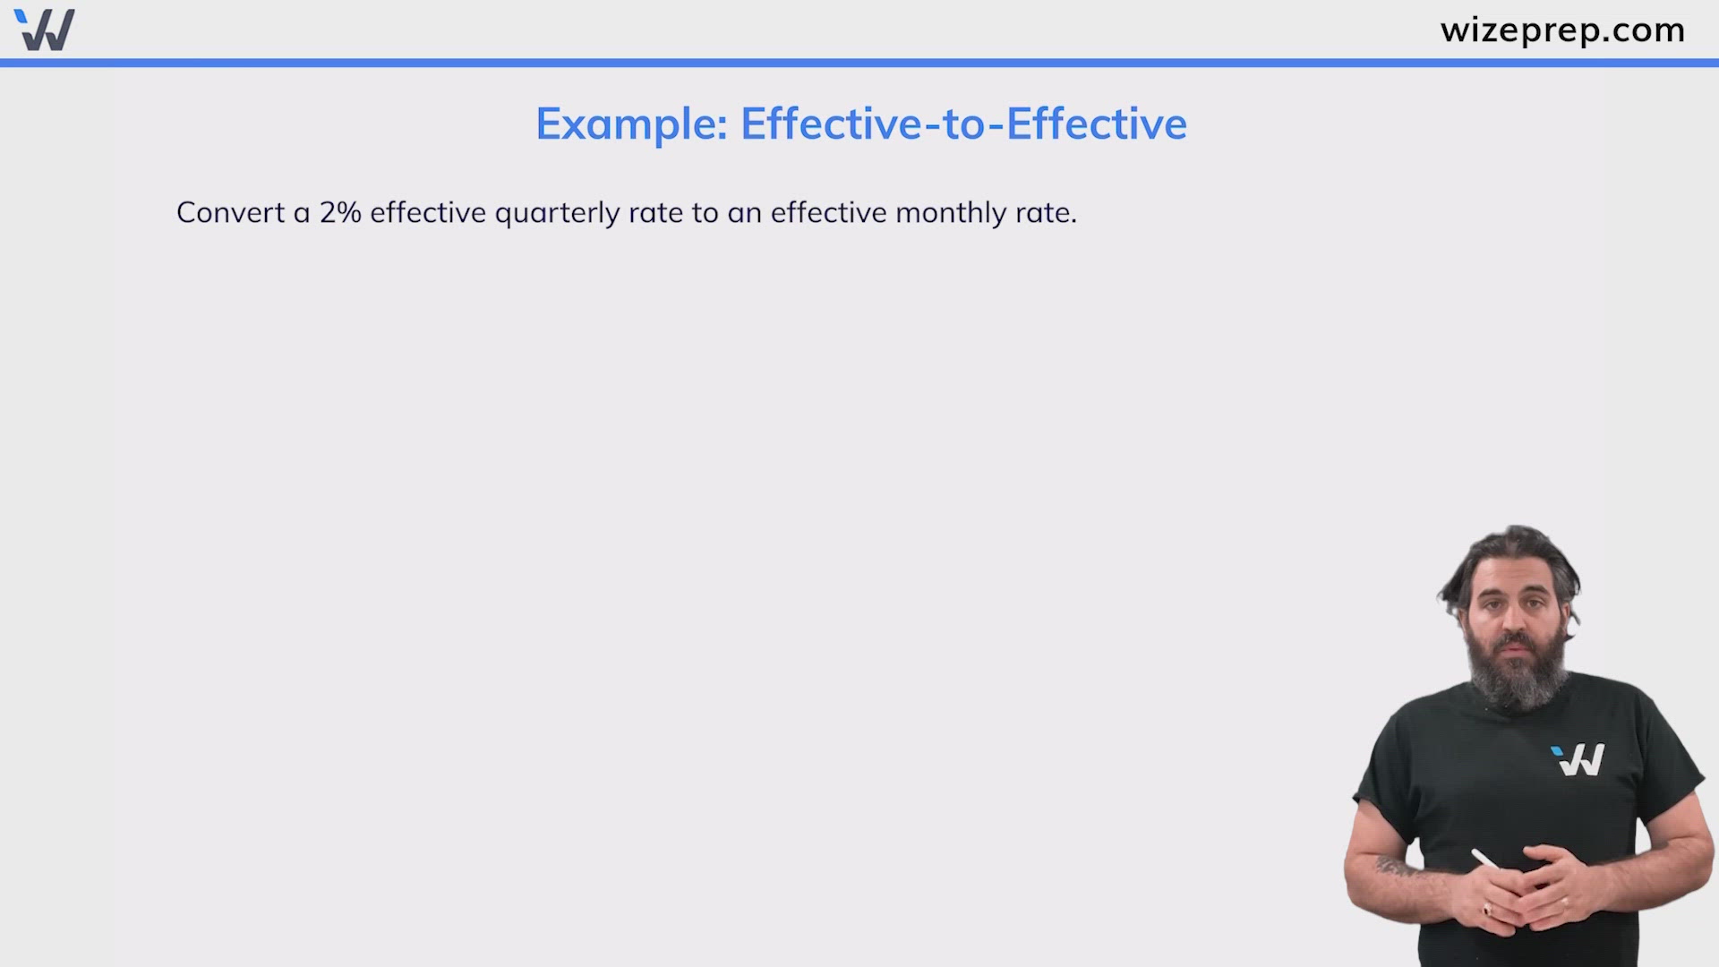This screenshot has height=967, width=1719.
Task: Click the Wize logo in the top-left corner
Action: (45, 30)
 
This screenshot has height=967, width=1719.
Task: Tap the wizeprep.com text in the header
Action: (1562, 30)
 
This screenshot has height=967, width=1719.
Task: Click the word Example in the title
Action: (631, 124)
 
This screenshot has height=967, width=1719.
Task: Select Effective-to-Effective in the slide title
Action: (963, 124)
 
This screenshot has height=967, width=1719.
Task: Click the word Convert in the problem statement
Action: (230, 213)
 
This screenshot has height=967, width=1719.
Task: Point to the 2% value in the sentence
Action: (340, 213)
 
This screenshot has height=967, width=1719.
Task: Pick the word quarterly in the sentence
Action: (557, 213)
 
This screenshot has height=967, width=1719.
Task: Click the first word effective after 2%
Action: (428, 213)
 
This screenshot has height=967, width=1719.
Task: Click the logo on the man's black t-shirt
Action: (1578, 759)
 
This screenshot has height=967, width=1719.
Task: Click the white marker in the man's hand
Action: (1484, 860)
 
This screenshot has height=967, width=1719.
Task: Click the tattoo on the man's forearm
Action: (1397, 867)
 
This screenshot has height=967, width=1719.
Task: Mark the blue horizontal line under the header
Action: (859, 63)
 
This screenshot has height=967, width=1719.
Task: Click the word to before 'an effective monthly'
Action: (705, 213)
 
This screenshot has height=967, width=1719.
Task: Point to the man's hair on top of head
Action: (1513, 551)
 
